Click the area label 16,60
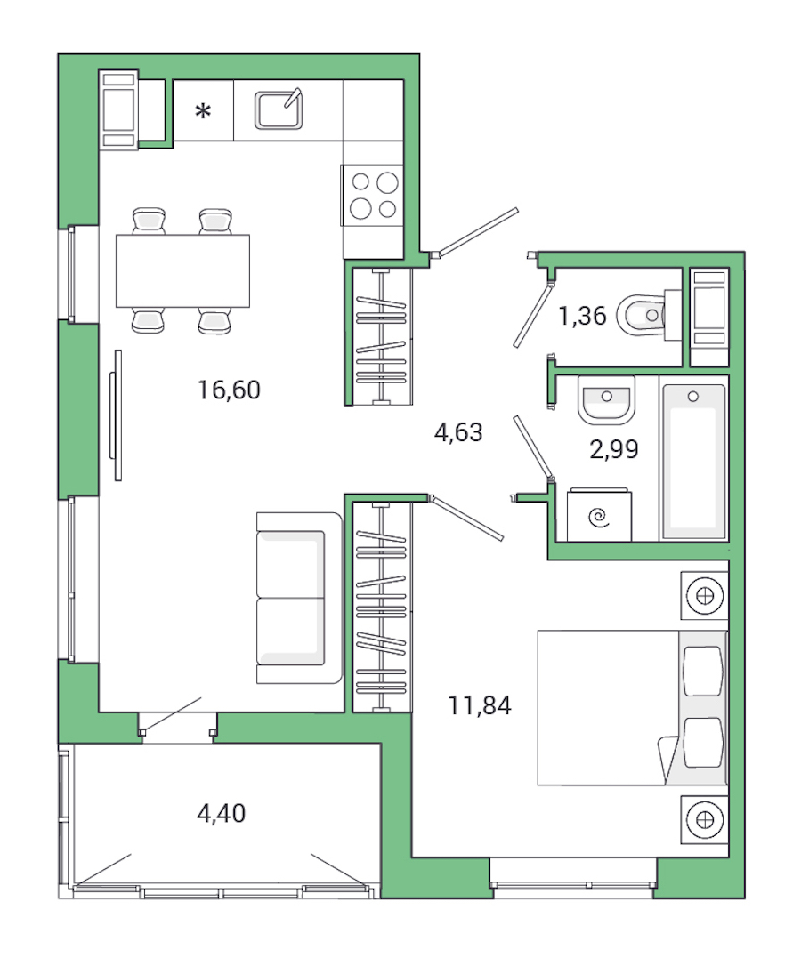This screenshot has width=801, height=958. point(230,390)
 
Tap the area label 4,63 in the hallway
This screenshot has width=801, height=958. point(457,433)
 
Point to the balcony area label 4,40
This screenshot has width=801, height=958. point(220,812)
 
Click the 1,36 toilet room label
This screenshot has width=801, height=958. point(583,316)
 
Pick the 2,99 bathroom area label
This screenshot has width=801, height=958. point(614,450)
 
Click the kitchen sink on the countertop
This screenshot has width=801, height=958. point(279,109)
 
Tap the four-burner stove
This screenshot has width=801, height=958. point(374,196)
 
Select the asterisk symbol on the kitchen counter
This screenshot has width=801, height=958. point(204,112)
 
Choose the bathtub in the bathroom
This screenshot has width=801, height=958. point(693,458)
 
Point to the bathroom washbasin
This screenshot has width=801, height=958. point(606,399)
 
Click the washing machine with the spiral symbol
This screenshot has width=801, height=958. point(599,515)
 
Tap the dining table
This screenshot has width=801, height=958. point(182,270)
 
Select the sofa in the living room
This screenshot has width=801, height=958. point(299,598)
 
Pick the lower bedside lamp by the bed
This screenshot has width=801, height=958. point(705,819)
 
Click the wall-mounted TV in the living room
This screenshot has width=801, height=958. point(114,415)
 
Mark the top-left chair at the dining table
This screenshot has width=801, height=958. point(149,220)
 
